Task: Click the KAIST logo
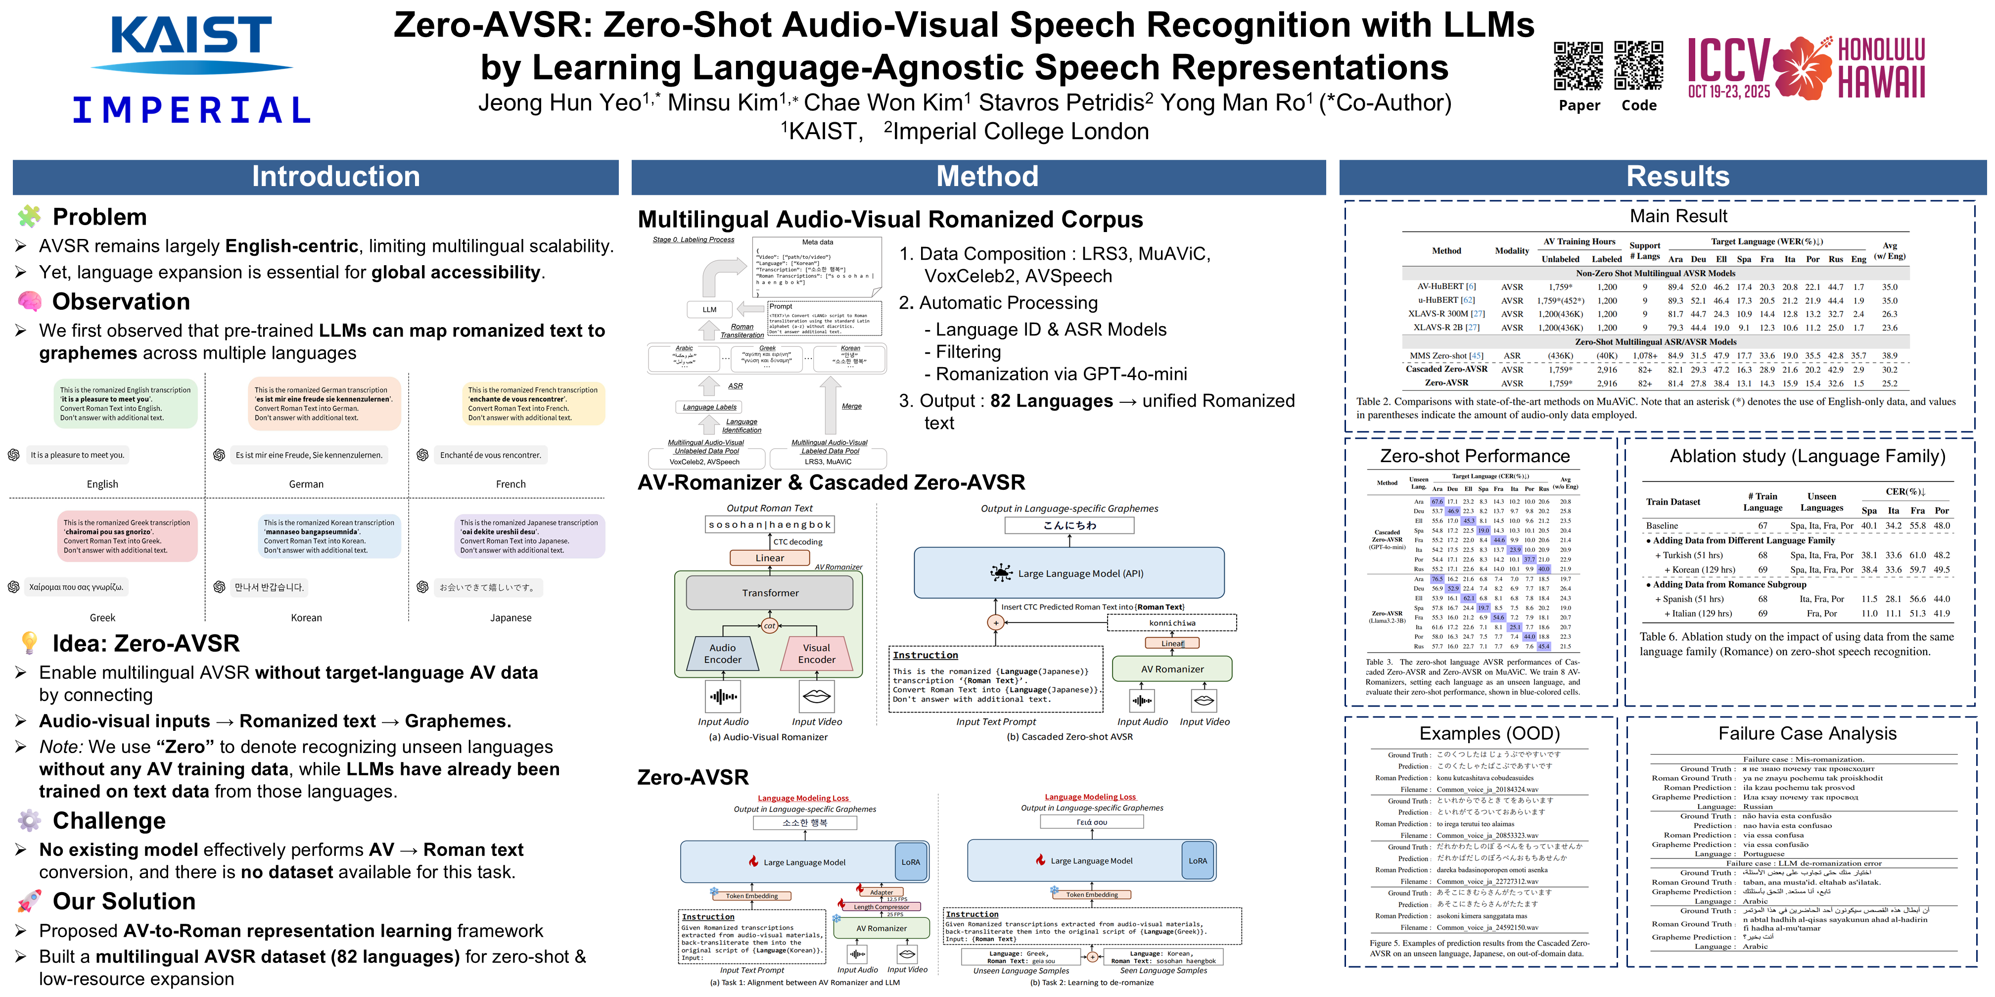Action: click(x=191, y=43)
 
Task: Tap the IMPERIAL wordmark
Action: click(x=191, y=110)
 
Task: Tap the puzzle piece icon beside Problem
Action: click(x=29, y=217)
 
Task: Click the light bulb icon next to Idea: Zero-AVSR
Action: click(x=29, y=643)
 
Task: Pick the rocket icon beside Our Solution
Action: click(x=29, y=901)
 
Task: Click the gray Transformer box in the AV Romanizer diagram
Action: click(x=770, y=593)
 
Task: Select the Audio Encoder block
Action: click(x=723, y=653)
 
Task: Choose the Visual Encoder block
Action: click(x=816, y=653)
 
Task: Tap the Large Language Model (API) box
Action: click(x=1069, y=573)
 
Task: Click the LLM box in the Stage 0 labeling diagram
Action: click(x=709, y=310)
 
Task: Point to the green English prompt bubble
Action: click(x=126, y=403)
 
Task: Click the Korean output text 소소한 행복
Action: click(x=805, y=823)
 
